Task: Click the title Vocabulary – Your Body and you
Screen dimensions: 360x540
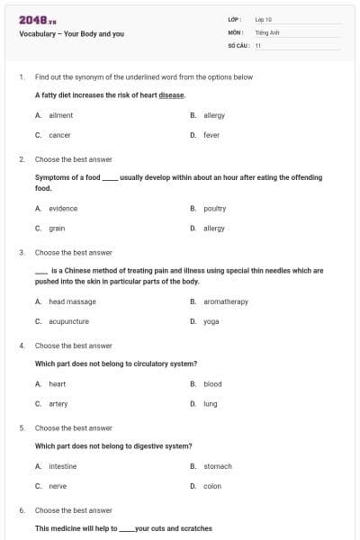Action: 71,33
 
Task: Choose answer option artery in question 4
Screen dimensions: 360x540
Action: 58,404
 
